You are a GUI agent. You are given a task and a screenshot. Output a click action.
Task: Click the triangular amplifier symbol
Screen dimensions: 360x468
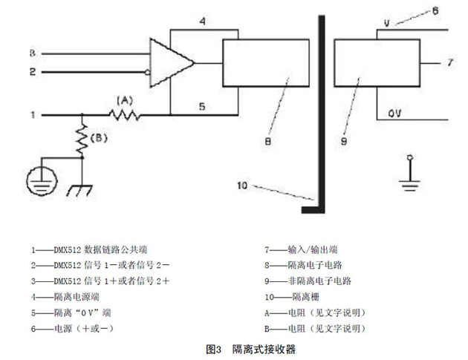point(169,62)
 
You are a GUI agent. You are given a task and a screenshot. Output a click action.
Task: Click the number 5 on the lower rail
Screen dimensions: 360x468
point(201,106)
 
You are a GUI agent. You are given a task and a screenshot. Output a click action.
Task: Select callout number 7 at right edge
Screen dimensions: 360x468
point(449,62)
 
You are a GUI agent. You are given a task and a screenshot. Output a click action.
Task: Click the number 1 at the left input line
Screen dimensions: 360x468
point(32,115)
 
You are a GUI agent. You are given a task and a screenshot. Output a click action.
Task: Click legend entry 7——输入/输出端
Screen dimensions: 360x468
point(305,249)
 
